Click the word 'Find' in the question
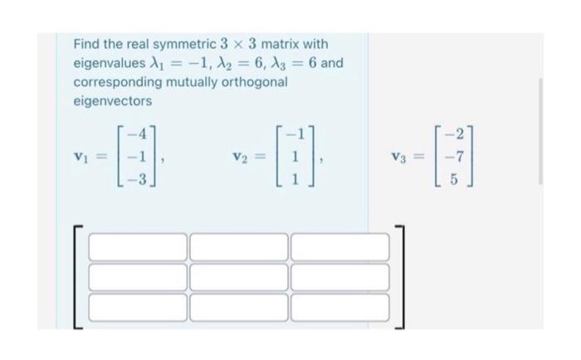pyautogui.click(x=86, y=43)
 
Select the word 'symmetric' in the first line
pyautogui.click(x=183, y=43)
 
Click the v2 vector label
pyautogui.click(x=240, y=155)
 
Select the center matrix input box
pyautogui.click(x=239, y=276)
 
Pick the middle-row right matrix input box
pyautogui.click(x=339, y=276)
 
